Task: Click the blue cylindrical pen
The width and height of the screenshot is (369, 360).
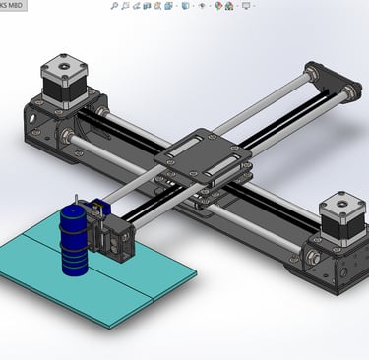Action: [x=74, y=241]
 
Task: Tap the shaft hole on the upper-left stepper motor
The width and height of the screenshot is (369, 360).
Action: [x=63, y=66]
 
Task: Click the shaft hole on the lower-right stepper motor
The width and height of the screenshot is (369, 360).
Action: [x=341, y=204]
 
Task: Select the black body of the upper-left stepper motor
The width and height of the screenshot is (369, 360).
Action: [x=65, y=89]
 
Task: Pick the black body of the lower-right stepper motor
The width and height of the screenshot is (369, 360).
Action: [x=343, y=225]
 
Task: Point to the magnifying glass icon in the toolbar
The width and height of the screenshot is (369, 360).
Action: [x=114, y=6]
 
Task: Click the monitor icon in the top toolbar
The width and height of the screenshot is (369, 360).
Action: [x=246, y=6]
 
